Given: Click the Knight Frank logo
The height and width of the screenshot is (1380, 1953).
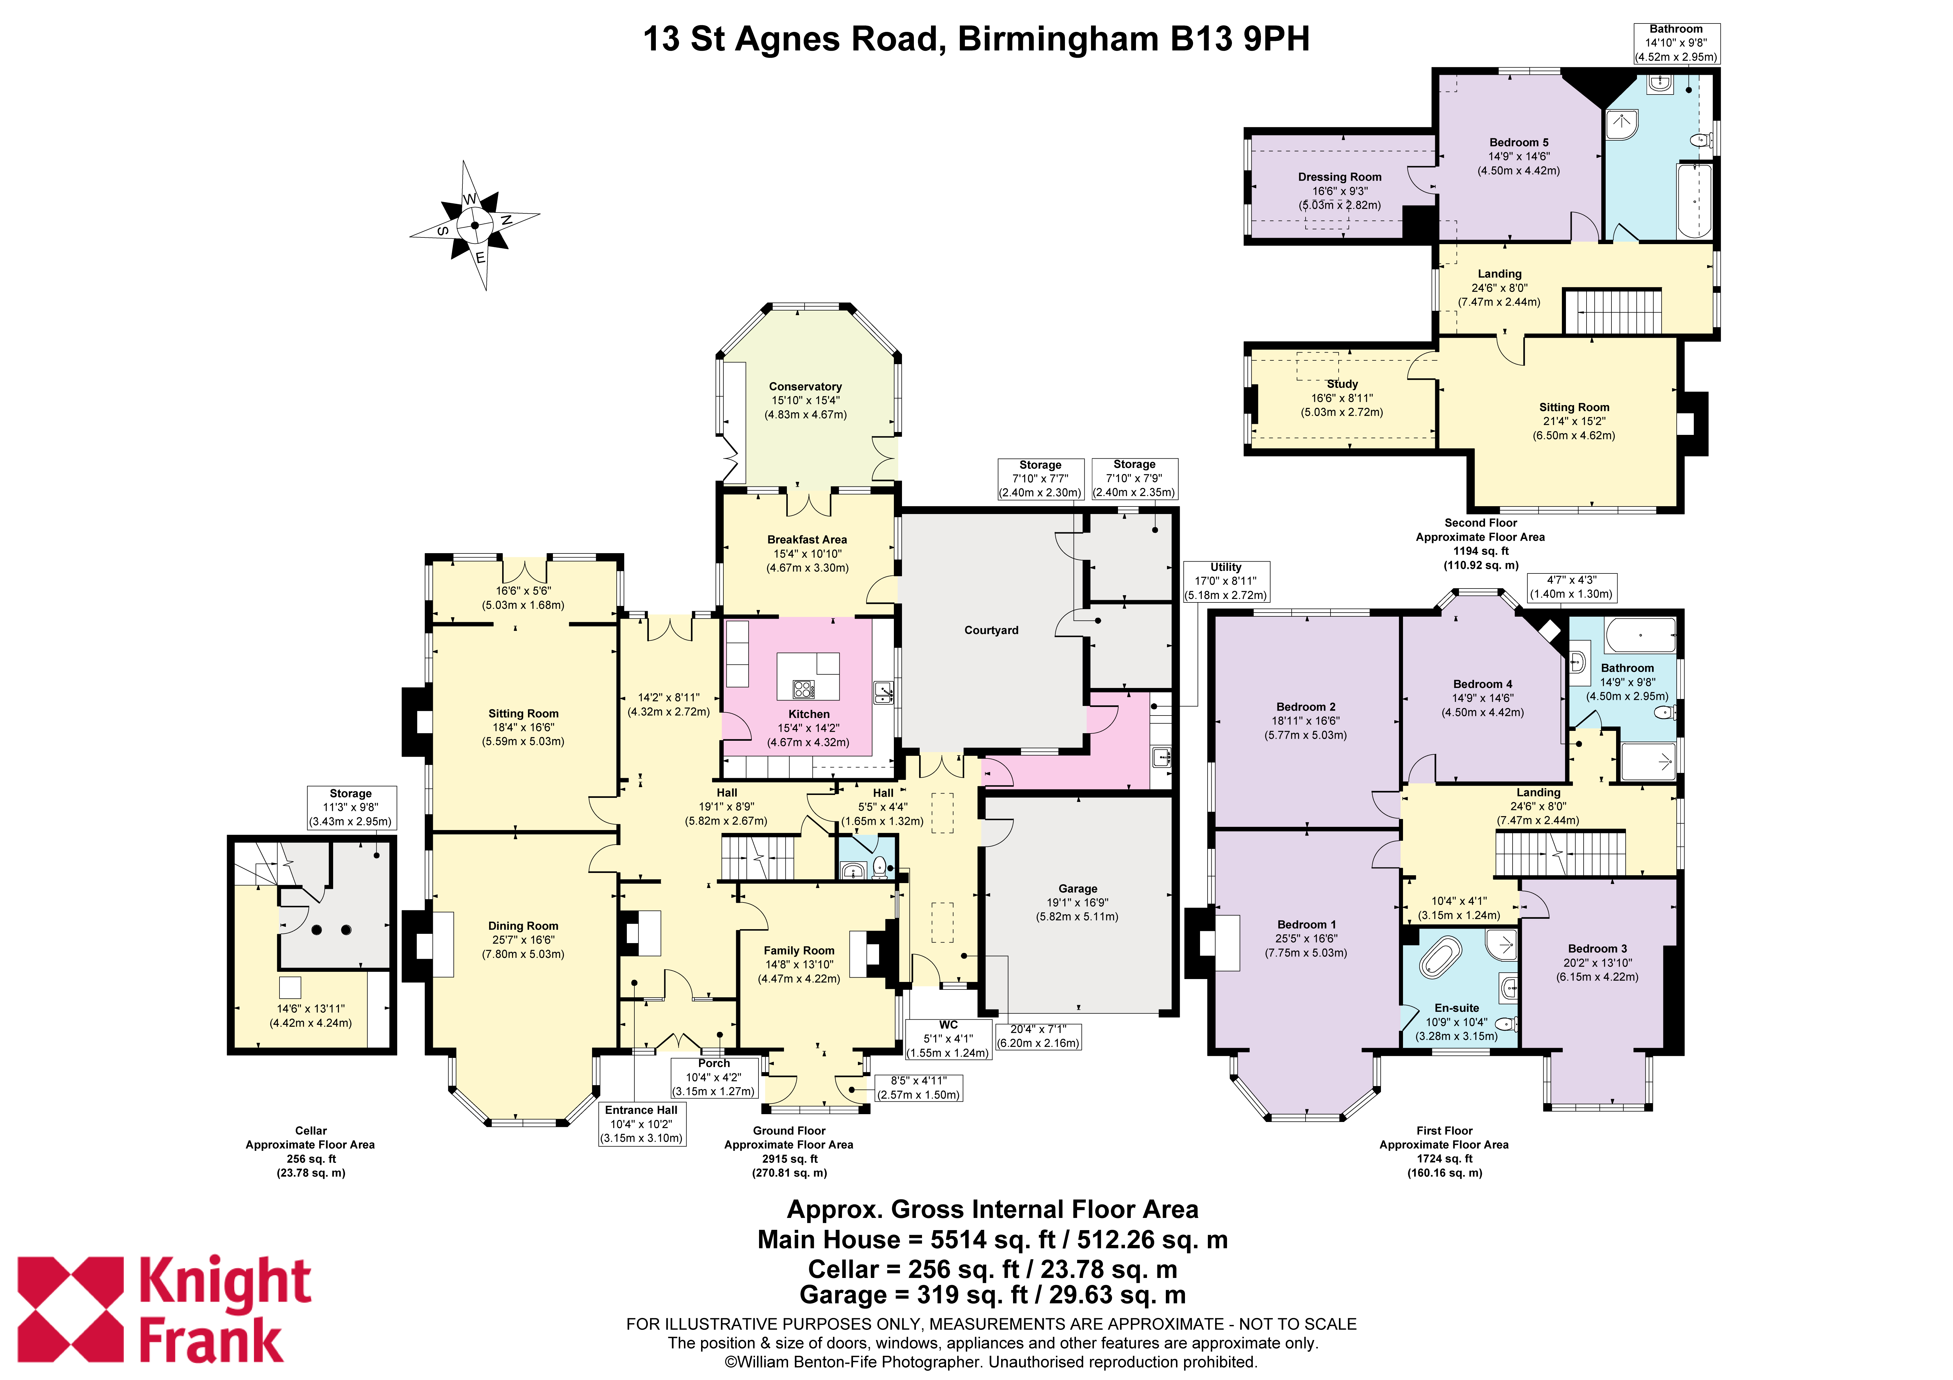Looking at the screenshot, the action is pos(164,1310).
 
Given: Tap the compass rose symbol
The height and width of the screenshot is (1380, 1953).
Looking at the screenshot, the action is pos(475,226).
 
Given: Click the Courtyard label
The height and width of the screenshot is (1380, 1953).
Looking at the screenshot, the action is pos(991,631).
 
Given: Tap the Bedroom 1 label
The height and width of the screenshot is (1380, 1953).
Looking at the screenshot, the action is pos(1306,925).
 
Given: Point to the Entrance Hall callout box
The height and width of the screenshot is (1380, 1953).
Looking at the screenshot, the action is pos(641,1124).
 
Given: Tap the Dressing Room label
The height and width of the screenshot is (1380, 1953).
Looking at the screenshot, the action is pos(1340,177).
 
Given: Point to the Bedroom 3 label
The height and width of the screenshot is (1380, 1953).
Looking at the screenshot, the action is pos(1598,949).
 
